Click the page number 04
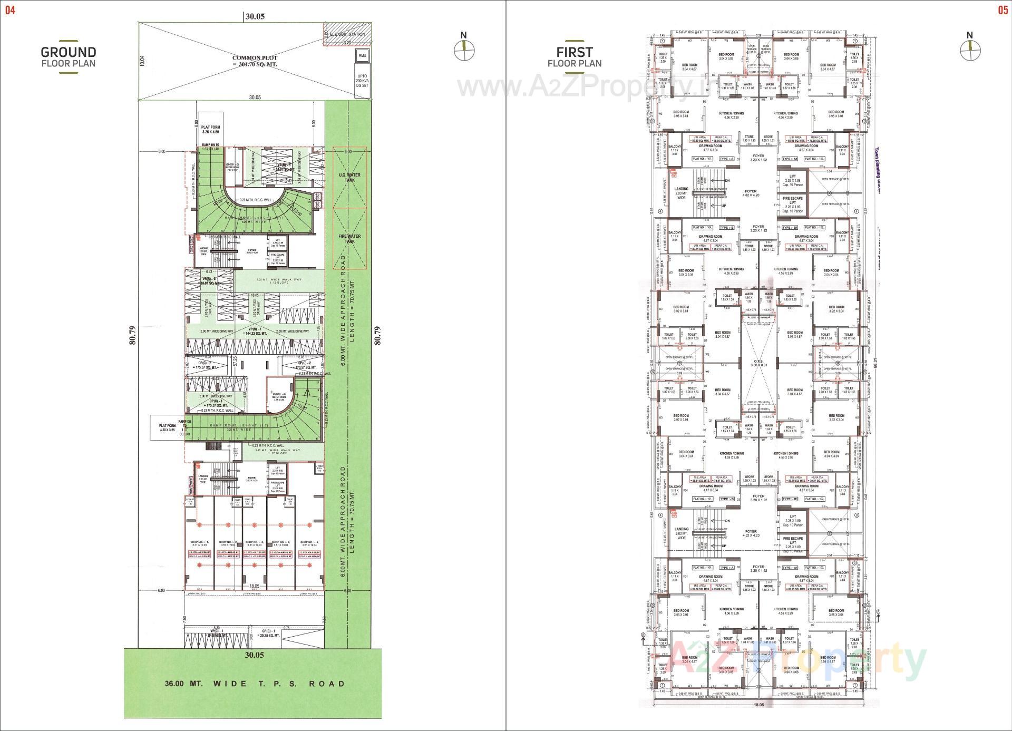point(10,10)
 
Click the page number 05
point(1002,10)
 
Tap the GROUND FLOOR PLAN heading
point(69,56)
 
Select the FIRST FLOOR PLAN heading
point(574,56)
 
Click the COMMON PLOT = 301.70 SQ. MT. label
point(255,61)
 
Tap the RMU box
point(362,56)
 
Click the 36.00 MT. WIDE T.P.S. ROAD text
point(255,684)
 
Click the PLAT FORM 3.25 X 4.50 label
point(211,130)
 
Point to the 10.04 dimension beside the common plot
point(142,61)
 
